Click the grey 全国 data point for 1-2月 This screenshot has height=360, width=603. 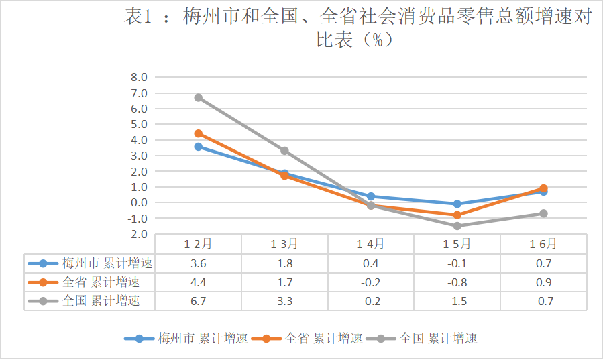coord(198,98)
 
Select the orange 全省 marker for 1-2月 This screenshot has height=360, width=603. coord(198,133)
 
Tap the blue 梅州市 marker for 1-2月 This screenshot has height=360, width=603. coord(198,146)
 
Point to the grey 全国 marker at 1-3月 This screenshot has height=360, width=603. coord(284,151)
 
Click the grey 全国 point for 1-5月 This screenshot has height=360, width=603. coord(457,226)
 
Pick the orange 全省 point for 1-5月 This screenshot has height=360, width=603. coord(457,215)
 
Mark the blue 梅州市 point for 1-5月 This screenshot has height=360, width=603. coord(457,204)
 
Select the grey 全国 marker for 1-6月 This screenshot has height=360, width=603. coord(543,213)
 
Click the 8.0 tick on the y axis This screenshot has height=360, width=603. coord(139,77)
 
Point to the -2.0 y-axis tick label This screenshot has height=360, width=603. coord(138,234)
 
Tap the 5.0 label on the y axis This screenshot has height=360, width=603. coord(139,124)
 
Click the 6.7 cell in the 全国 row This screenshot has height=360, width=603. coord(198,301)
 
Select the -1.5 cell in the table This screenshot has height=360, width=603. coord(457,301)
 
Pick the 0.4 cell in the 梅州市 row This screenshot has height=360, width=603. coord(370,263)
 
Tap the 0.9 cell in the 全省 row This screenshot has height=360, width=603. coord(543,282)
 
